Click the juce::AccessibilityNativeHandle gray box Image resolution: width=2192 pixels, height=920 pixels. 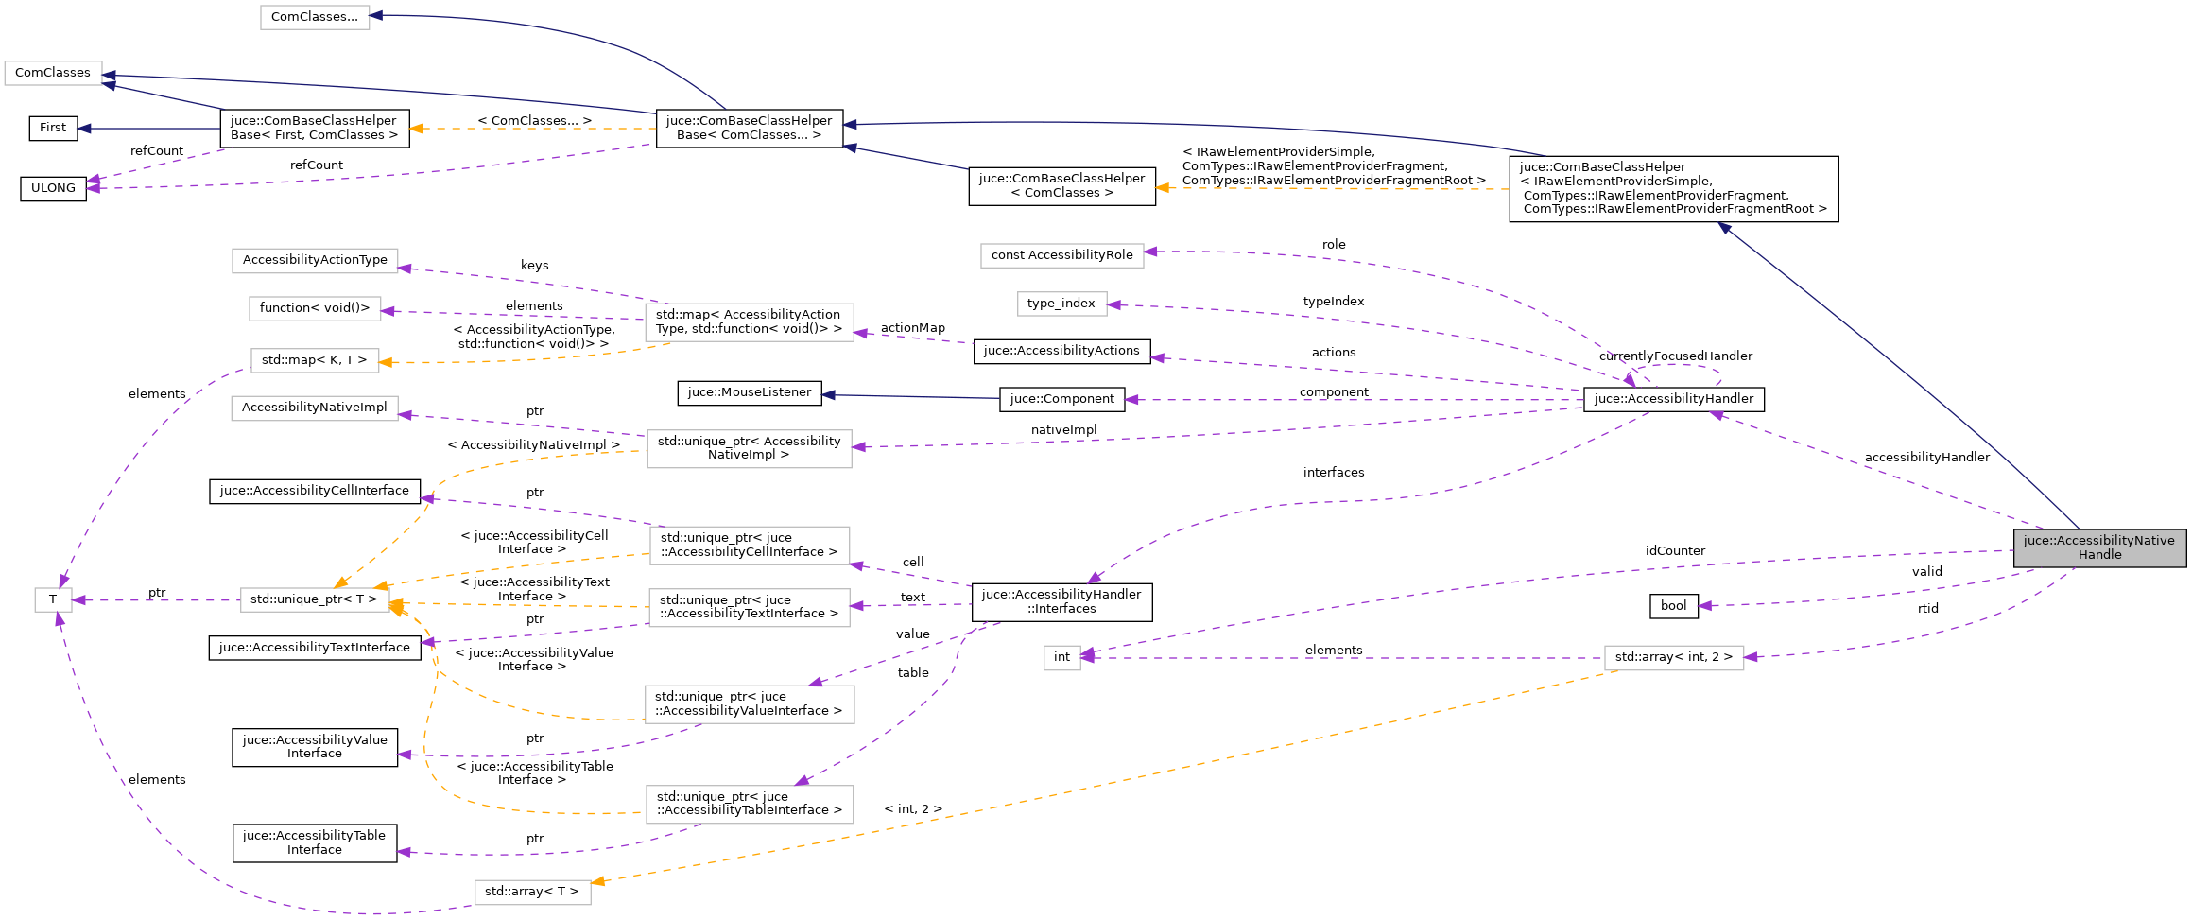coord(2098,547)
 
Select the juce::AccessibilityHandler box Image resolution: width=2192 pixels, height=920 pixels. coord(1673,399)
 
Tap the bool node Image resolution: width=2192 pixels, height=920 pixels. coord(1673,606)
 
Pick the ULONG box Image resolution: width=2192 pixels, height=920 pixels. coord(53,188)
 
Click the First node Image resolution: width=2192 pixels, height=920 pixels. coord(53,128)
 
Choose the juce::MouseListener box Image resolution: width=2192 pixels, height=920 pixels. coord(749,392)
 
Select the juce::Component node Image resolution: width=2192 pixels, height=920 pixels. coord(1061,399)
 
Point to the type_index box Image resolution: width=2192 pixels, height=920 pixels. coord(1061,304)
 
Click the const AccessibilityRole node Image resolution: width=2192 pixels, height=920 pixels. coord(1061,255)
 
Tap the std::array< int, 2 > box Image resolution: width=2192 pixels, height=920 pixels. coord(1673,657)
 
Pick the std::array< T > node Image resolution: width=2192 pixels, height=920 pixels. coord(532,892)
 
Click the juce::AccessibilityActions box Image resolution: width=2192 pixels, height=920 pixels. coord(1061,351)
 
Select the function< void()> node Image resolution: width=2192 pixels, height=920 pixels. coord(315,308)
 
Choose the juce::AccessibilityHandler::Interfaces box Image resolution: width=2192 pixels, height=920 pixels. coord(1061,601)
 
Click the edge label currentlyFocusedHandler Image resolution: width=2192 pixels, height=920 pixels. coord(1675,356)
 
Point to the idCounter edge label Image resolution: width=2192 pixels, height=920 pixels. coord(1675,551)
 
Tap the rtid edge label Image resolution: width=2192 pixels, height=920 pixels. coord(1927,609)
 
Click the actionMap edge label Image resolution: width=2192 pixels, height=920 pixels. coord(912,328)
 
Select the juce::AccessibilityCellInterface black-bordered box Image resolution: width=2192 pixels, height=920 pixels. coord(315,491)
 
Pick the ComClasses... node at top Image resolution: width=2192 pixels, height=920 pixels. coord(315,17)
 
